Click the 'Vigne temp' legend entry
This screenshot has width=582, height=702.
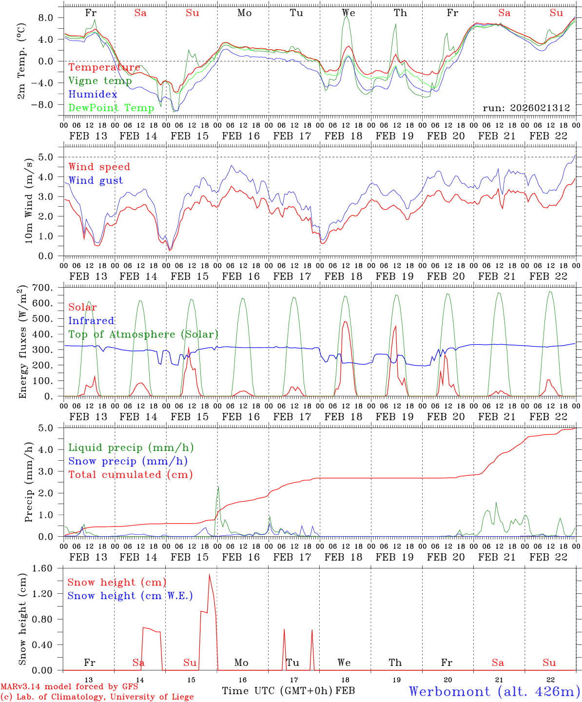coord(100,81)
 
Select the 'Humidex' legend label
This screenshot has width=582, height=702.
coord(93,94)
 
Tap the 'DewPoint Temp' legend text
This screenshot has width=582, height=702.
coord(111,108)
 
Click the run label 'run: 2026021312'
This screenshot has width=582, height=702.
coord(526,108)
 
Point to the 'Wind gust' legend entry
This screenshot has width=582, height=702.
coord(96,180)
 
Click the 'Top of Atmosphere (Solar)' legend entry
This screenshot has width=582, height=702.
coord(143,334)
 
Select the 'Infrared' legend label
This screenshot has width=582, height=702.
coord(91,321)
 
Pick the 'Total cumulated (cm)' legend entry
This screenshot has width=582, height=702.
coord(130,474)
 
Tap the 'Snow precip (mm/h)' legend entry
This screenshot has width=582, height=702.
coord(128,461)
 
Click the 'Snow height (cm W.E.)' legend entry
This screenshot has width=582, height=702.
coord(130,596)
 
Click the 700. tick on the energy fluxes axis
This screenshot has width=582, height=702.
coord(44,288)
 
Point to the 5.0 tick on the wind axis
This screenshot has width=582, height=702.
coord(47,157)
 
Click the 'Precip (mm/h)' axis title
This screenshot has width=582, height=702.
coord(29,482)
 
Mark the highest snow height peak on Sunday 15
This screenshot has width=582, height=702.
coord(209,575)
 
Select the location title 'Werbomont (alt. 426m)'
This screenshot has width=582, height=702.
coord(494,691)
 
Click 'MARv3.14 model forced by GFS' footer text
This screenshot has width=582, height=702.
coord(69,687)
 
